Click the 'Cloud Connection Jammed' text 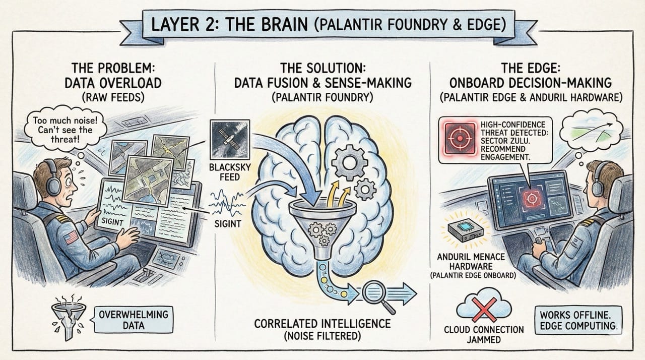click(x=484, y=335)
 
